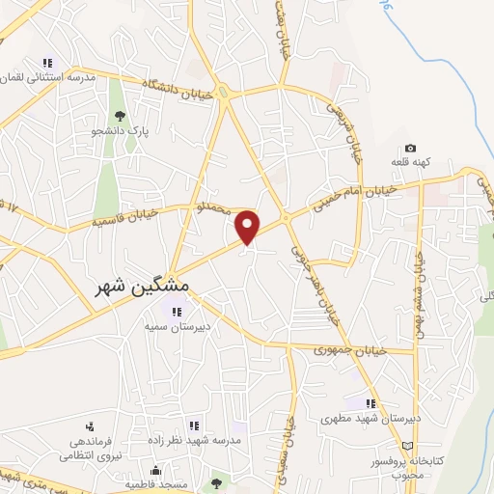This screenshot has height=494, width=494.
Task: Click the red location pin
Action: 249,226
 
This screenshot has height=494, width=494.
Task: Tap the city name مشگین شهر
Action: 143,288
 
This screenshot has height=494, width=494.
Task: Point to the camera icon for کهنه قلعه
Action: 410,149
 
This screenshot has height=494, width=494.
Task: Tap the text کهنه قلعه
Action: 412,163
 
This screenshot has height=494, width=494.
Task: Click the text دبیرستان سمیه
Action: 178,327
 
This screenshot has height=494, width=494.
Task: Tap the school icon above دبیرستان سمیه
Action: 176,311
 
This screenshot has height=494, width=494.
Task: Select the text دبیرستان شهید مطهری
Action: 370,420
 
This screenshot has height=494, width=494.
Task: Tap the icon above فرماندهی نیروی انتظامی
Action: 90,425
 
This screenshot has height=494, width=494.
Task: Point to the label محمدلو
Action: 215,206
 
